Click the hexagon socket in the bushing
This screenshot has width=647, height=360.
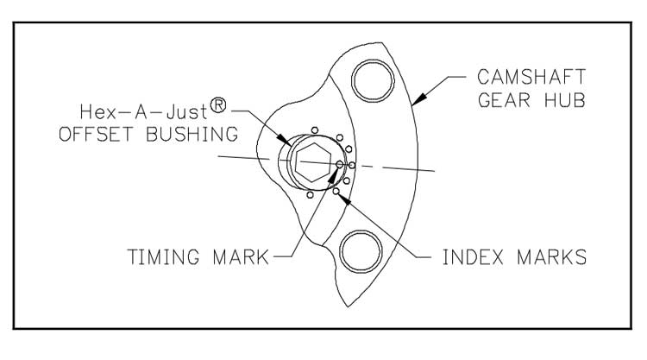310,161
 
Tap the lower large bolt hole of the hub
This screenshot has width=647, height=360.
361,251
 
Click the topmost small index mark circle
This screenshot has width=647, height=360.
316,129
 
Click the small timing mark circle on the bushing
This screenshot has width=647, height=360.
340,162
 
